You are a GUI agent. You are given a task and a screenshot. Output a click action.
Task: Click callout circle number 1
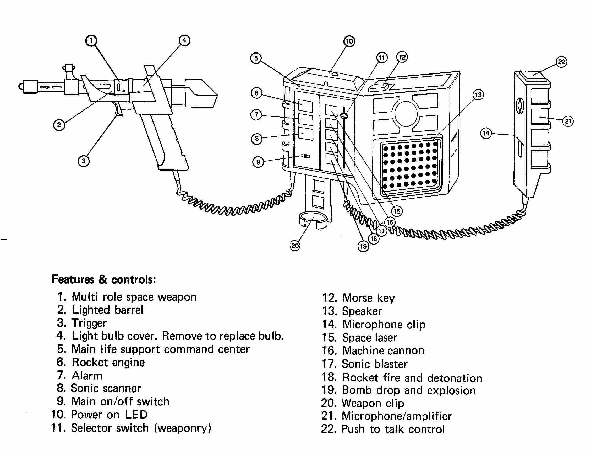point(91,41)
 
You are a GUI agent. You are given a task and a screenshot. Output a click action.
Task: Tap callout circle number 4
point(184,41)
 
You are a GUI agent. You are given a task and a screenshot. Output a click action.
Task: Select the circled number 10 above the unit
point(349,41)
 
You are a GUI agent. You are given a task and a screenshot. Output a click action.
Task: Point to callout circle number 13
point(478,95)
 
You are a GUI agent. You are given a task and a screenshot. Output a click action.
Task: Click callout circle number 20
point(295,246)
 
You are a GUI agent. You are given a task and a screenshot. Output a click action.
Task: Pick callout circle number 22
point(561,62)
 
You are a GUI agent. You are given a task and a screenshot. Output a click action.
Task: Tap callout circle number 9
point(258,162)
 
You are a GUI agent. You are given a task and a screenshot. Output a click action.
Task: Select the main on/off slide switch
point(306,156)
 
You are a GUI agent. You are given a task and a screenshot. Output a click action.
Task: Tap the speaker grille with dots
point(410,166)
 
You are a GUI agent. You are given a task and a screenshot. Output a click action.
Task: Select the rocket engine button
point(306,105)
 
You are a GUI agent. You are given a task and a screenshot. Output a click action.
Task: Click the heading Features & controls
point(104,279)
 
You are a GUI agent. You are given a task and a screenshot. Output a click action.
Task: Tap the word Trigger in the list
point(89,323)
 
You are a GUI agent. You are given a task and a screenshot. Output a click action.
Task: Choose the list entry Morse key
point(368,298)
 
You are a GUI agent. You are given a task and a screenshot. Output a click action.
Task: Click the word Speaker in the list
point(362,311)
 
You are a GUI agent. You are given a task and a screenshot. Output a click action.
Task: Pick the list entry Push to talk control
point(393,429)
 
